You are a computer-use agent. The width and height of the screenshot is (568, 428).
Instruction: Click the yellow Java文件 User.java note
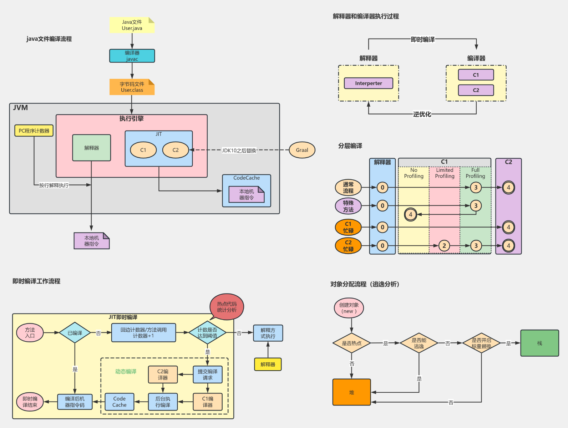click(132, 25)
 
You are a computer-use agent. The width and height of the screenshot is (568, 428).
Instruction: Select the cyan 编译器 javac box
click(132, 56)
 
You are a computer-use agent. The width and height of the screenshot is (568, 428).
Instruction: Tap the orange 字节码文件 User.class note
click(132, 87)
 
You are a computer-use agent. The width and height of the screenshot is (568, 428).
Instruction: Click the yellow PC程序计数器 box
click(34, 131)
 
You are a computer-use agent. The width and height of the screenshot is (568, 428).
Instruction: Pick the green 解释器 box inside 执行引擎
click(91, 148)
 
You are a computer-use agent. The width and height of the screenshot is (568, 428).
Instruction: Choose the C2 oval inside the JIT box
click(175, 150)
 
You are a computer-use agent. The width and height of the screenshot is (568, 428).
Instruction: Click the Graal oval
click(302, 150)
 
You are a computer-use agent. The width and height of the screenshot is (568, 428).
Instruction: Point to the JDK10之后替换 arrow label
click(239, 150)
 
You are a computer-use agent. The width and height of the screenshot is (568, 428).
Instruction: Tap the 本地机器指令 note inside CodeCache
click(246, 194)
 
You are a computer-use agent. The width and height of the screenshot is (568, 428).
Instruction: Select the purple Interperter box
click(368, 83)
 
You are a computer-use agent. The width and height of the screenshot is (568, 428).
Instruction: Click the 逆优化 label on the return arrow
click(422, 114)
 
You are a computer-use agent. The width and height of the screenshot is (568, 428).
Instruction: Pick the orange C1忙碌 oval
click(348, 227)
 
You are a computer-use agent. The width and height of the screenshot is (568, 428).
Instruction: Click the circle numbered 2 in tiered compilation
click(444, 245)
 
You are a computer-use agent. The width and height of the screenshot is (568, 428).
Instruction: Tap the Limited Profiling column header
click(445, 173)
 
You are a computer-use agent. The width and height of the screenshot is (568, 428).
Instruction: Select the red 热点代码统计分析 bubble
click(227, 307)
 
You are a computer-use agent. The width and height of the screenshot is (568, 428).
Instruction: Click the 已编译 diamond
click(75, 333)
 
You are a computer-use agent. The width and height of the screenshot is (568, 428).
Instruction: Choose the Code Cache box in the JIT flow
click(120, 402)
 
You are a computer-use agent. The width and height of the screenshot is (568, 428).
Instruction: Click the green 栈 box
click(539, 343)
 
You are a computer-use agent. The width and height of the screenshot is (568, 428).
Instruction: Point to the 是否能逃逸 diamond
click(419, 343)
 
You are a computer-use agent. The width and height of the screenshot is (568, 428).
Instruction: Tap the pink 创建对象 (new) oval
click(349, 308)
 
